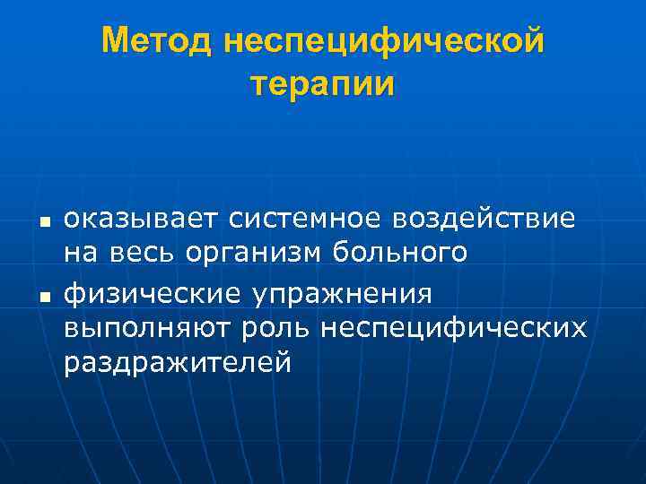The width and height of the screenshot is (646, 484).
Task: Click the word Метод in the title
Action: [158, 41]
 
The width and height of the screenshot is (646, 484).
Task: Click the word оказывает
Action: [140, 219]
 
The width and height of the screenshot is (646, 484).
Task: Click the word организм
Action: [257, 255]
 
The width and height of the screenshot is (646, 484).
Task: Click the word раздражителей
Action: [177, 365]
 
